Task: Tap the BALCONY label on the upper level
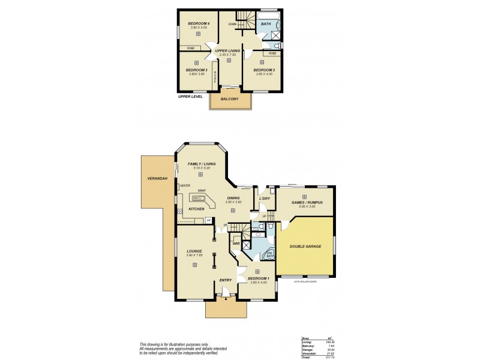pos(230,98)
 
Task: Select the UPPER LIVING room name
pos(227,51)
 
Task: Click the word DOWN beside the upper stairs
pos(232,24)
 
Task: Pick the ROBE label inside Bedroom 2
pos(273,53)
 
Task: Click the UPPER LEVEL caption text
pos(190,96)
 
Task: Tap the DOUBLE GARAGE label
pos(305,247)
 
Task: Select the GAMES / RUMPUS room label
pos(307,203)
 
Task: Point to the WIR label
pos(236,243)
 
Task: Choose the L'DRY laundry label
pos(264,198)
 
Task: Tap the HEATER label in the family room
pos(185,186)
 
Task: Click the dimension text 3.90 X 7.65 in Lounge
pos(194,256)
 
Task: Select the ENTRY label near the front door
pos(225,280)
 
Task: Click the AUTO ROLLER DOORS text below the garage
pos(305,281)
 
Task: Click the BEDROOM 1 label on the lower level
pos(258,278)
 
